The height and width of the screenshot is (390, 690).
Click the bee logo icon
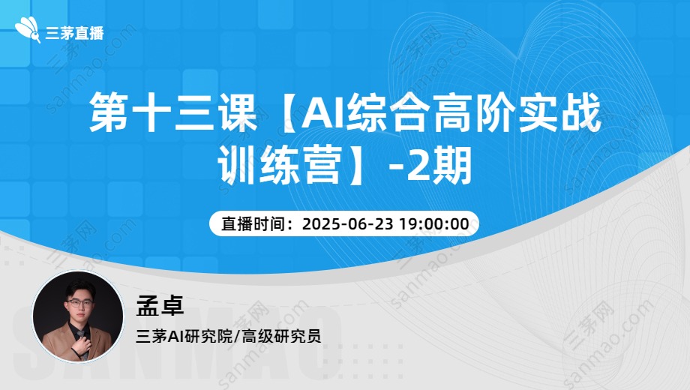[x=28, y=30]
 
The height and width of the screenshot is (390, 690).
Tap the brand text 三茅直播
[x=74, y=33]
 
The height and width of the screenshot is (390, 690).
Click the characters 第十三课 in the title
[x=173, y=112]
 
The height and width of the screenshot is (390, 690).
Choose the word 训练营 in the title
[x=280, y=165]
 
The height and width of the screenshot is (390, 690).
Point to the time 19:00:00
[x=434, y=223]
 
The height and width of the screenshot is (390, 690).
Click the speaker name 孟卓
[x=160, y=304]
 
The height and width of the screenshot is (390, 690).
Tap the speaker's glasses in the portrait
[x=79, y=303]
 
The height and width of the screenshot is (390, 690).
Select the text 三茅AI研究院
[x=184, y=336]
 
